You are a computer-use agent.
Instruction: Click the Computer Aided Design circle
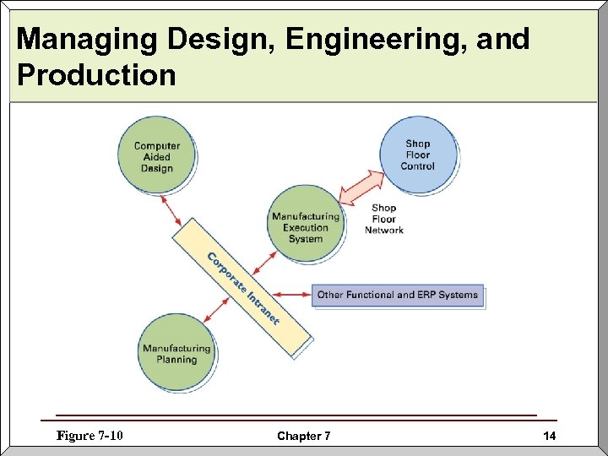(x=156, y=156)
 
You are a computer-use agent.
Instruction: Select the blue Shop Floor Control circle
(x=417, y=155)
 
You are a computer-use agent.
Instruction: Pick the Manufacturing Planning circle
(x=176, y=353)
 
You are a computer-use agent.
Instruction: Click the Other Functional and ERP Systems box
(x=397, y=295)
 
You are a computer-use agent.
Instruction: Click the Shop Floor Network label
(x=383, y=219)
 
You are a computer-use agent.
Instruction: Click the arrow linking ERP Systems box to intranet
(x=290, y=295)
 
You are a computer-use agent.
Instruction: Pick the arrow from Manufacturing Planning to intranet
(x=217, y=307)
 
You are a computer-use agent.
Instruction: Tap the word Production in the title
(x=95, y=75)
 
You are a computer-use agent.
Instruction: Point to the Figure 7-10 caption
(x=90, y=436)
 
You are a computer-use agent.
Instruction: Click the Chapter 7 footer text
(x=304, y=437)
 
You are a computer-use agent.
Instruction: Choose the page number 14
(x=550, y=437)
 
